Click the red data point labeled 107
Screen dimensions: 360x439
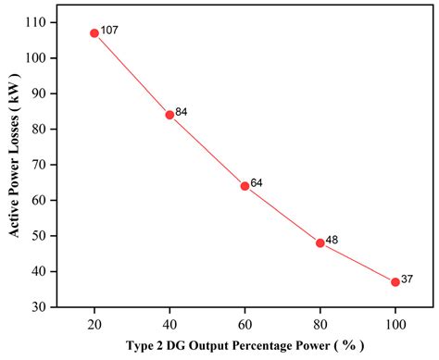pyautogui.click(x=94, y=32)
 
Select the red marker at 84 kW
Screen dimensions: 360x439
pyautogui.click(x=169, y=115)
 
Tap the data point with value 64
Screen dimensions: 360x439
pyautogui.click(x=245, y=186)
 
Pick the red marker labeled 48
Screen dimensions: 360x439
pyautogui.click(x=320, y=242)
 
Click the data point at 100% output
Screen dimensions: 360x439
pyautogui.click(x=395, y=281)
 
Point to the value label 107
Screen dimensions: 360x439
pyautogui.click(x=110, y=31)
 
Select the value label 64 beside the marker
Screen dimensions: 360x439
pyautogui.click(x=257, y=183)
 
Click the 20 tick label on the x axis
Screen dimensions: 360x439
pyautogui.click(x=94, y=324)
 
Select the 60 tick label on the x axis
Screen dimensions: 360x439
pyautogui.click(x=245, y=324)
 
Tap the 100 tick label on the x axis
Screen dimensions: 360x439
pyautogui.click(x=395, y=324)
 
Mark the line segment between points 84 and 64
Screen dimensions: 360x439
pyautogui.click(x=207, y=151)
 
